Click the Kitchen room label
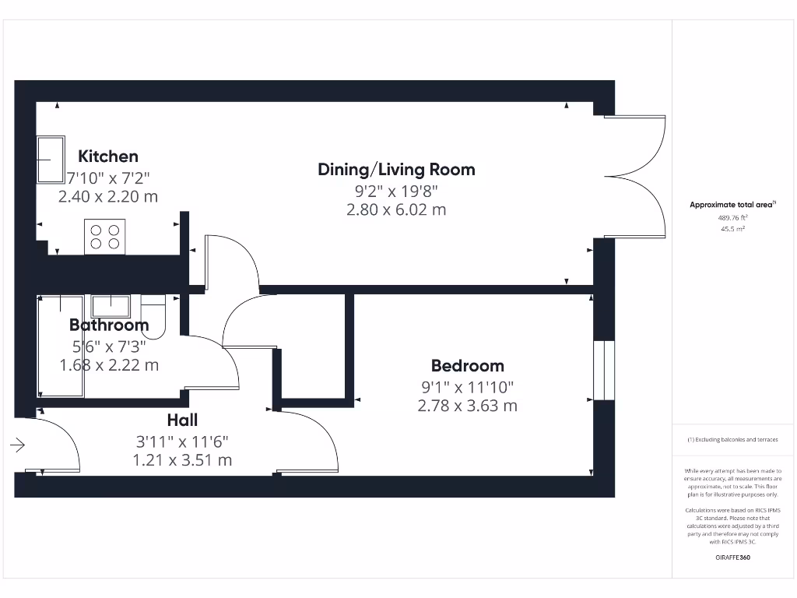[108, 157]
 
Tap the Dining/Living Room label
[396, 169]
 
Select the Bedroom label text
[467, 365]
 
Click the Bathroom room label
[109, 325]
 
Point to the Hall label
[182, 420]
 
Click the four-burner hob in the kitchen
[105, 237]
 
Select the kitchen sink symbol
[51, 159]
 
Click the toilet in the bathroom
[154, 319]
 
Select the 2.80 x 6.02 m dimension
[396, 209]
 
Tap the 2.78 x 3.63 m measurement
[467, 406]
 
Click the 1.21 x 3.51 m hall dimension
[182, 460]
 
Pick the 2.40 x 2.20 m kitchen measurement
[108, 196]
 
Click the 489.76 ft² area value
[732, 219]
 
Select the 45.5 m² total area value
[732, 230]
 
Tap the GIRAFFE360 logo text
[732, 558]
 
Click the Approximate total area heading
[732, 205]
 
